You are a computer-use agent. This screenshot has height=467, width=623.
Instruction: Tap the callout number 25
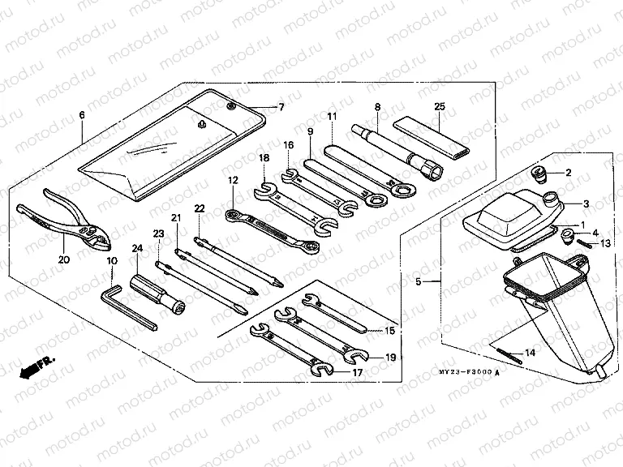coord(440,106)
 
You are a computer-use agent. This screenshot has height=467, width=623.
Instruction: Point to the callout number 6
coord(82,116)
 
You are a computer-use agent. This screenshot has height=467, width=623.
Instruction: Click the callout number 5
coord(419,282)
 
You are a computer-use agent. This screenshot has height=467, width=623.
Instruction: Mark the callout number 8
coord(377,106)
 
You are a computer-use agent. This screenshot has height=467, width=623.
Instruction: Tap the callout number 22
coord(200,209)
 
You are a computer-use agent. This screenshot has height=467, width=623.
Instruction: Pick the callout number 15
coord(390,331)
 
